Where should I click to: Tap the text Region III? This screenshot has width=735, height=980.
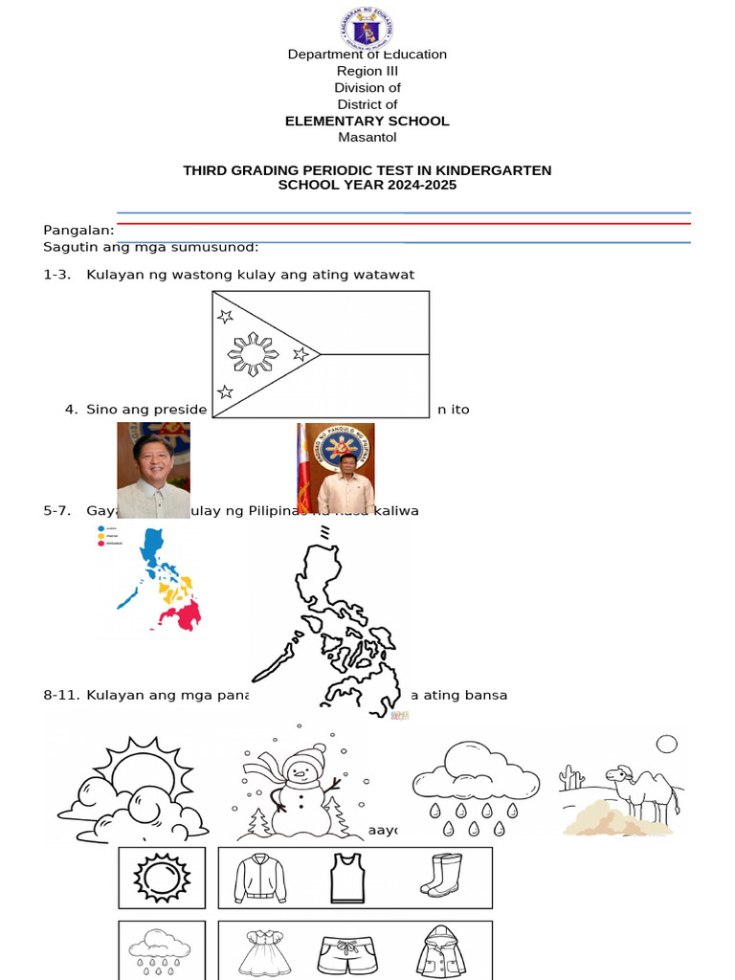click(x=367, y=71)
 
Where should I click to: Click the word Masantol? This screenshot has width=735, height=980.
click(x=367, y=137)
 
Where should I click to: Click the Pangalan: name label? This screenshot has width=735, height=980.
click(x=78, y=230)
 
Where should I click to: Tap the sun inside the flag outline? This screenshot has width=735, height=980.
click(x=254, y=355)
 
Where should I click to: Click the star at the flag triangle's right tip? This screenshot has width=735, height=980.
click(x=301, y=354)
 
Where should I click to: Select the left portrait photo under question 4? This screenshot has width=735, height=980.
click(x=153, y=469)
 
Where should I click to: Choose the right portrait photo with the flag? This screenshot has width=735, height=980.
click(x=336, y=469)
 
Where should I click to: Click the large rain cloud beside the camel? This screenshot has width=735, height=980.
click(x=474, y=773)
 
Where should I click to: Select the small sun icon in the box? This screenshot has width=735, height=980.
click(x=161, y=877)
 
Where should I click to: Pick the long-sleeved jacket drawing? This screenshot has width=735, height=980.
click(x=259, y=878)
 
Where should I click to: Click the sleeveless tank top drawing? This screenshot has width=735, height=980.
click(x=347, y=878)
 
